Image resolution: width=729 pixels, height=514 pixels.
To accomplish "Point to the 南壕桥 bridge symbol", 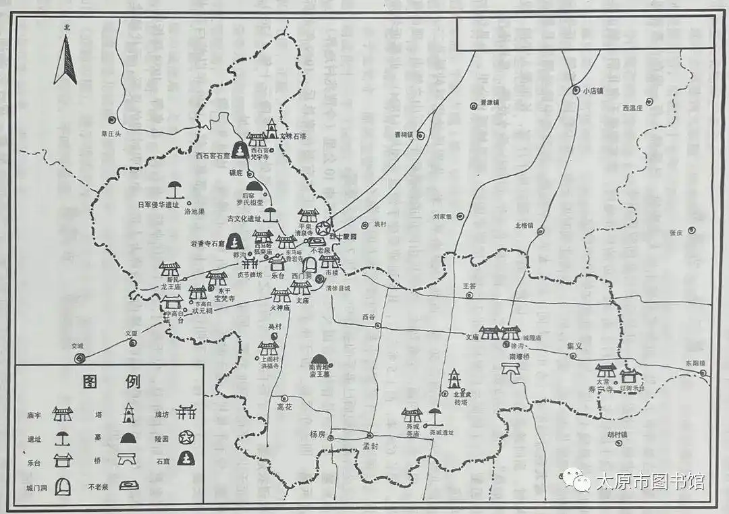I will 510,368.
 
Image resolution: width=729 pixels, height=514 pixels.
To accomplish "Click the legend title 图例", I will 111,382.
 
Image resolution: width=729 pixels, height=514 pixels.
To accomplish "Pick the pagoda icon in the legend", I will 128,411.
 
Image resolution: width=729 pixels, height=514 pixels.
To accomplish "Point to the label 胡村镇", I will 617,435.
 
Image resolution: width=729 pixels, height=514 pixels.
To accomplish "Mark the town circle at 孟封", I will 370,434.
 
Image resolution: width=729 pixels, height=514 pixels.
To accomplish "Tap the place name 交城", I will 78,346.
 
